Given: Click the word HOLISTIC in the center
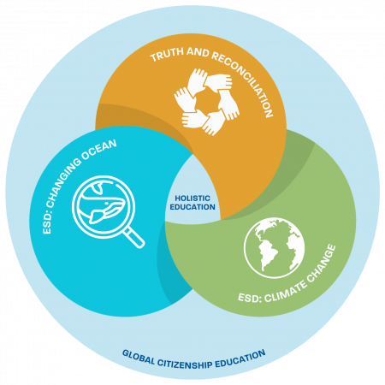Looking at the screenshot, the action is pyautogui.click(x=192, y=198).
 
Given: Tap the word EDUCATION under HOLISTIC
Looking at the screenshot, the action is pyautogui.click(x=192, y=207).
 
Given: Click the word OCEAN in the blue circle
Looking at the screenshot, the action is pyautogui.click(x=99, y=149).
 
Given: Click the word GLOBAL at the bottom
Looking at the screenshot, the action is pyautogui.click(x=139, y=358).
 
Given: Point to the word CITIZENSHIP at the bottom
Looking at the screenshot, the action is pyautogui.click(x=185, y=364).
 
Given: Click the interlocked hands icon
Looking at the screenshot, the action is pyautogui.click(x=207, y=102).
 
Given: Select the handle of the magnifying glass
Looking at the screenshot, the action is pyautogui.click(x=134, y=237).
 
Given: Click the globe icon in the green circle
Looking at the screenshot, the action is pyautogui.click(x=274, y=247).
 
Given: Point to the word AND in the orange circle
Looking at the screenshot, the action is pyautogui.click(x=198, y=52).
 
